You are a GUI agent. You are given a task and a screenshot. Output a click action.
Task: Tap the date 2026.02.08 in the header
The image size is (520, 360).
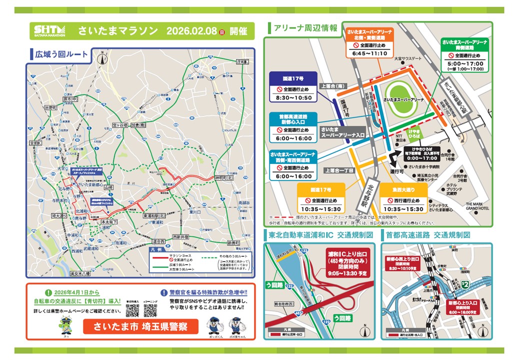coord(190,31)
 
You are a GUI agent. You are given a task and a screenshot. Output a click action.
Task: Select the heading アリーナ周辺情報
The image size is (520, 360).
coord(305,28)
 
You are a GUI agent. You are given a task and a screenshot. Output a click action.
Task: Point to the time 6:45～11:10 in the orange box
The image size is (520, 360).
coord(369,53)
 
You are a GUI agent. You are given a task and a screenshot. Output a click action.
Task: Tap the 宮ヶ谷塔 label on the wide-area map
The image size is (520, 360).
coord(120,124)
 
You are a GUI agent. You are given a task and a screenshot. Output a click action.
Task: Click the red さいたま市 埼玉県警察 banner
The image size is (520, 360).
coord(138,327)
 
